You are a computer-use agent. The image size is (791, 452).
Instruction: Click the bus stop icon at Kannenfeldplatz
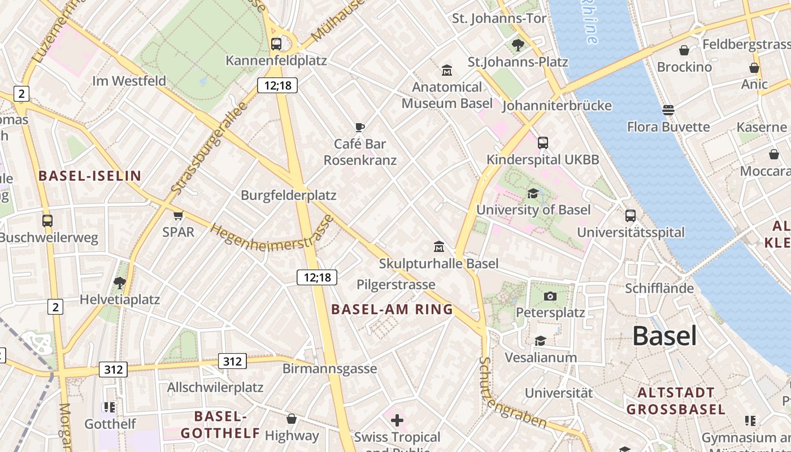tap(276, 44)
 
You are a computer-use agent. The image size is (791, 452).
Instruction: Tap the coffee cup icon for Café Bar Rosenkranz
tap(360, 127)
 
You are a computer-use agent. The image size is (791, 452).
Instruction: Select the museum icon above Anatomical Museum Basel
tap(447, 71)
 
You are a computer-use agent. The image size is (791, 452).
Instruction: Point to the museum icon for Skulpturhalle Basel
tap(439, 246)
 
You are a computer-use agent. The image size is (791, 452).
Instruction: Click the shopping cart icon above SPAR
tap(179, 215)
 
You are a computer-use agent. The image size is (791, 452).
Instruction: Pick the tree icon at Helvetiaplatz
tap(119, 282)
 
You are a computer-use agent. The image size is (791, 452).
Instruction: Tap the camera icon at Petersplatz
tap(550, 296)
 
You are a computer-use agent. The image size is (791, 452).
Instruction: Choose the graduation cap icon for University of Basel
tap(533, 194)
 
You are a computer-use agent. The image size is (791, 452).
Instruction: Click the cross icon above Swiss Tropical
tap(397, 420)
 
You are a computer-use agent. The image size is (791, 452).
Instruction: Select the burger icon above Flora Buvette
tap(668, 110)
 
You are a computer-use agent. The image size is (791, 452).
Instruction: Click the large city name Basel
tap(664, 336)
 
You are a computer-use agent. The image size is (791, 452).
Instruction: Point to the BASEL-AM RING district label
tap(392, 309)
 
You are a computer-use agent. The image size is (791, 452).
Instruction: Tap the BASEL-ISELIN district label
tap(90, 176)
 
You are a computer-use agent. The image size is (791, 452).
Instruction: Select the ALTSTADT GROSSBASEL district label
tap(676, 401)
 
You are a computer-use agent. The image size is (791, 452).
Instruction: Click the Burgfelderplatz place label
tap(288, 195)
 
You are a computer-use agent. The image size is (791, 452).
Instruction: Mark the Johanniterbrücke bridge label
tap(557, 106)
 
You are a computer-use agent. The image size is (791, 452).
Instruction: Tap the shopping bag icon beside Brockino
tap(684, 50)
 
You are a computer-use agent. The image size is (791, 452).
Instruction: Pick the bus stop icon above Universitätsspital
tap(631, 216)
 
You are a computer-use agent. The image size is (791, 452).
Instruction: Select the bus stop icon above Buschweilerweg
tap(47, 221)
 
